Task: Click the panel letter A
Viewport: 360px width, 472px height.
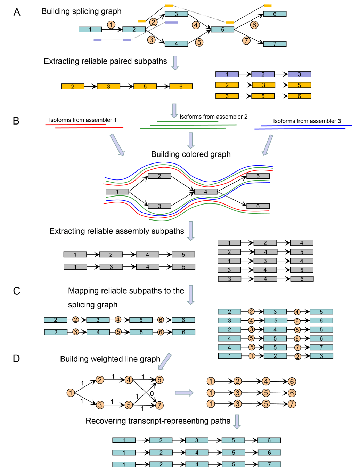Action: (17, 12)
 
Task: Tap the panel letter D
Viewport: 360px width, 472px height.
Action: (16, 359)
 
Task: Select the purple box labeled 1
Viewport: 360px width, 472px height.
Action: (227, 74)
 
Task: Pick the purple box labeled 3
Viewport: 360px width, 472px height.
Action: (299, 74)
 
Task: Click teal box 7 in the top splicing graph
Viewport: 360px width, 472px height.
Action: (275, 44)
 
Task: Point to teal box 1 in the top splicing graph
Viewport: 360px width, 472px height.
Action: (90, 30)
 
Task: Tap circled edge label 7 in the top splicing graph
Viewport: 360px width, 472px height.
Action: (246, 40)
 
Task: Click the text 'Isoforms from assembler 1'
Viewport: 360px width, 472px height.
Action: (83, 120)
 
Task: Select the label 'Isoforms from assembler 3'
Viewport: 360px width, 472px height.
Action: (307, 121)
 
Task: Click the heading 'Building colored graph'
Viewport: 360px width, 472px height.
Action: (191, 154)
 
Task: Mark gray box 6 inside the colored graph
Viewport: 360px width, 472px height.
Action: (258, 206)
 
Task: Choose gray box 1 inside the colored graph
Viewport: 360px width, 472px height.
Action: (117, 192)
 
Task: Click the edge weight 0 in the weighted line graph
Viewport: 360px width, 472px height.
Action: (152, 393)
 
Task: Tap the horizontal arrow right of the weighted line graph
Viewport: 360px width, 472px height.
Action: (184, 393)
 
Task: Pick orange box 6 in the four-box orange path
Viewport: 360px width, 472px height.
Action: (181, 87)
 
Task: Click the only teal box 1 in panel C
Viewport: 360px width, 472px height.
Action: (229, 356)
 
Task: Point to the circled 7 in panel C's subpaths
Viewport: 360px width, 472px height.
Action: (297, 347)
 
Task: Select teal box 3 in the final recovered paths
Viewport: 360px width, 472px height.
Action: (197, 440)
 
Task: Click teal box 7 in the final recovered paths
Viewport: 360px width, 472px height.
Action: (269, 464)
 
